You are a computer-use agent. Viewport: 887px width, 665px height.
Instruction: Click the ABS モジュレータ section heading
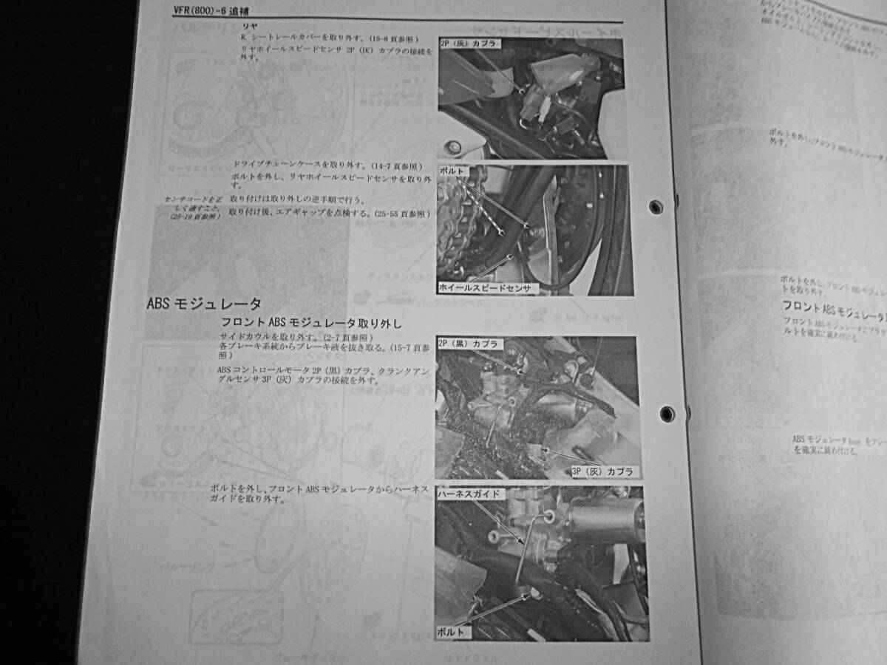click(x=204, y=304)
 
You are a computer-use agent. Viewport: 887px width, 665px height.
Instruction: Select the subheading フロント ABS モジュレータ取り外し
click(x=311, y=324)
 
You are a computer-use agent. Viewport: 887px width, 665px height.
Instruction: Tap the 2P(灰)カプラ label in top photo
click(x=470, y=44)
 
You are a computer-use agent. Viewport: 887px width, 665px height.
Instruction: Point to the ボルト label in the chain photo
click(x=452, y=171)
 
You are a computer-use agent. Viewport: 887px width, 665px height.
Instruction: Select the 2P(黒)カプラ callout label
click(x=470, y=344)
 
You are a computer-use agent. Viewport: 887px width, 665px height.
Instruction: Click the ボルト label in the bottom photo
click(x=451, y=632)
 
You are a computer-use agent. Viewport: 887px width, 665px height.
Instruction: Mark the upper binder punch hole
click(x=655, y=207)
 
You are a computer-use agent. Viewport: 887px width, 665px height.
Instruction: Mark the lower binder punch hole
click(x=667, y=414)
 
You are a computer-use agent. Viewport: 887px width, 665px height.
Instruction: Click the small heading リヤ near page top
click(x=240, y=26)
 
